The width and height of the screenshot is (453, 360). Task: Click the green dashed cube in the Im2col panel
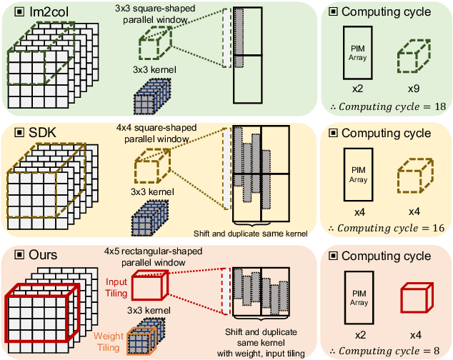tap(152, 46)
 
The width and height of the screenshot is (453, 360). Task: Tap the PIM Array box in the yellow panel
tap(357, 174)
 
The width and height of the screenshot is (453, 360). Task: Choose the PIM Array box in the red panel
tap(357, 295)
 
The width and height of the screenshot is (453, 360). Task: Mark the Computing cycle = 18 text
tap(384, 107)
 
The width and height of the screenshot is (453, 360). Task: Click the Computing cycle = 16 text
tap(384, 228)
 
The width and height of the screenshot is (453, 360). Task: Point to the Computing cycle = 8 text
tap(384, 350)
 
